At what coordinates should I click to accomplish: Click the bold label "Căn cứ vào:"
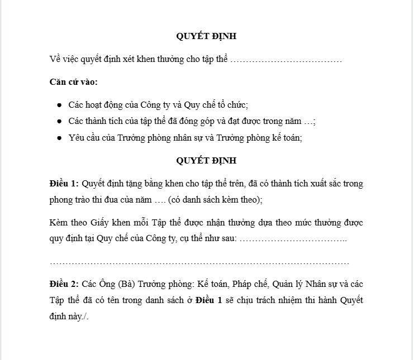click(73, 82)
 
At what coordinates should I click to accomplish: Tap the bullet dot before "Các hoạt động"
click(59, 105)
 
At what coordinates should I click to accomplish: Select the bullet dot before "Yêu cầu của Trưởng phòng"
click(59, 137)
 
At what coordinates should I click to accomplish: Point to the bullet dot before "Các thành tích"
click(59, 121)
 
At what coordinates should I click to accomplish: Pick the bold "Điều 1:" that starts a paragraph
click(64, 184)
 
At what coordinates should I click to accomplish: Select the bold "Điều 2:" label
click(64, 284)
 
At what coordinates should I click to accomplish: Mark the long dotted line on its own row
click(199, 262)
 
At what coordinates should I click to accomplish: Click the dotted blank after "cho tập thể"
click(286, 59)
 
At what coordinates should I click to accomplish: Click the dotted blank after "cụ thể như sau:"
click(293, 239)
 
